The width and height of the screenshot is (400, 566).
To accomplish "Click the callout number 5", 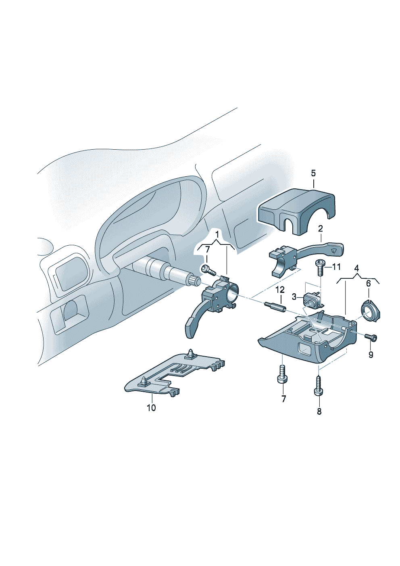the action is (x=313, y=173).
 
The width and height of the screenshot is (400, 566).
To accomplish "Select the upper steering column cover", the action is (x=296, y=211).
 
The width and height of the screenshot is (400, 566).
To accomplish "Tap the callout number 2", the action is (x=320, y=229).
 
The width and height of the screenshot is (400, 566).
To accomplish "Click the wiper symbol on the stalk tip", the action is (x=334, y=251).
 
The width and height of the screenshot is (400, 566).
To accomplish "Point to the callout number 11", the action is (x=336, y=267).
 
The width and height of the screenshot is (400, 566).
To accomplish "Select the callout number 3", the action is (x=294, y=297).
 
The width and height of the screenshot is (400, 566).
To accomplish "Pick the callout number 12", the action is (x=280, y=290).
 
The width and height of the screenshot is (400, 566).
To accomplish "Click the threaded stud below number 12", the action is (x=275, y=307).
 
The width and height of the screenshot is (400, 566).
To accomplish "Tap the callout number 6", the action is (x=369, y=284).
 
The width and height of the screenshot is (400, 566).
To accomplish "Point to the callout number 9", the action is (x=371, y=355).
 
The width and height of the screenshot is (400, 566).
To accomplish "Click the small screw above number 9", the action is (x=371, y=337).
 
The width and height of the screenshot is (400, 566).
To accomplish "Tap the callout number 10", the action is (x=152, y=407).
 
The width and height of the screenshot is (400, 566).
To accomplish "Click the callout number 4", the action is (x=356, y=268).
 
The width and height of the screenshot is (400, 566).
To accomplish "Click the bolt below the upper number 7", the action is (x=208, y=269).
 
